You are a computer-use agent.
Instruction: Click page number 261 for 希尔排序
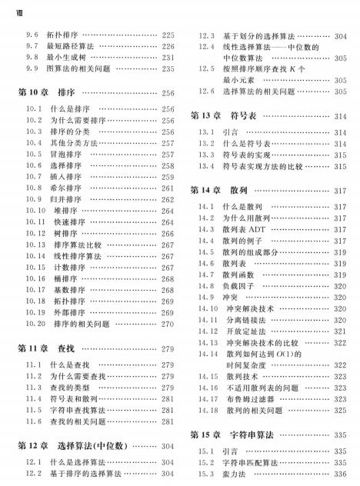[169, 188]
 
